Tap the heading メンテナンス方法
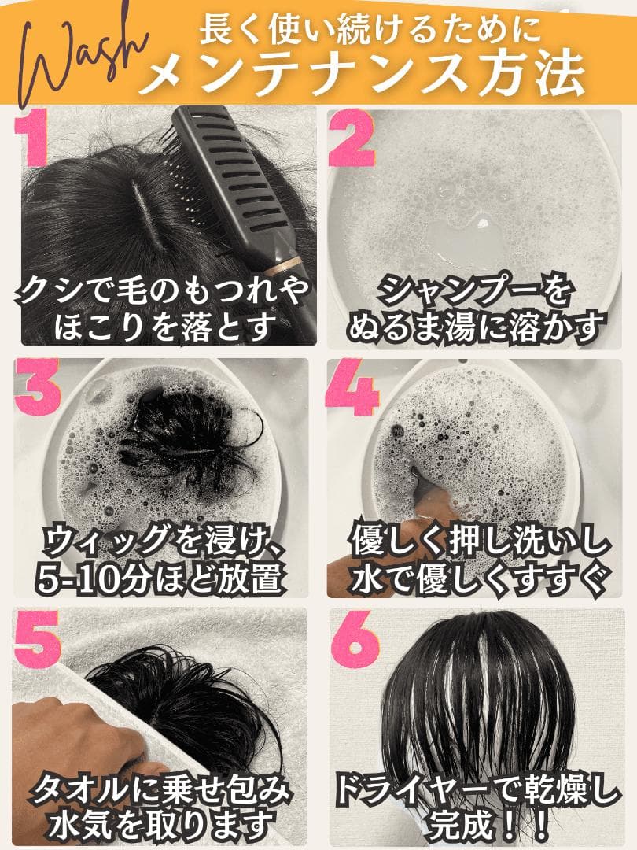pos(366,75)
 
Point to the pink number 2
pos(352,140)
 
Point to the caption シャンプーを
pos(472,292)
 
